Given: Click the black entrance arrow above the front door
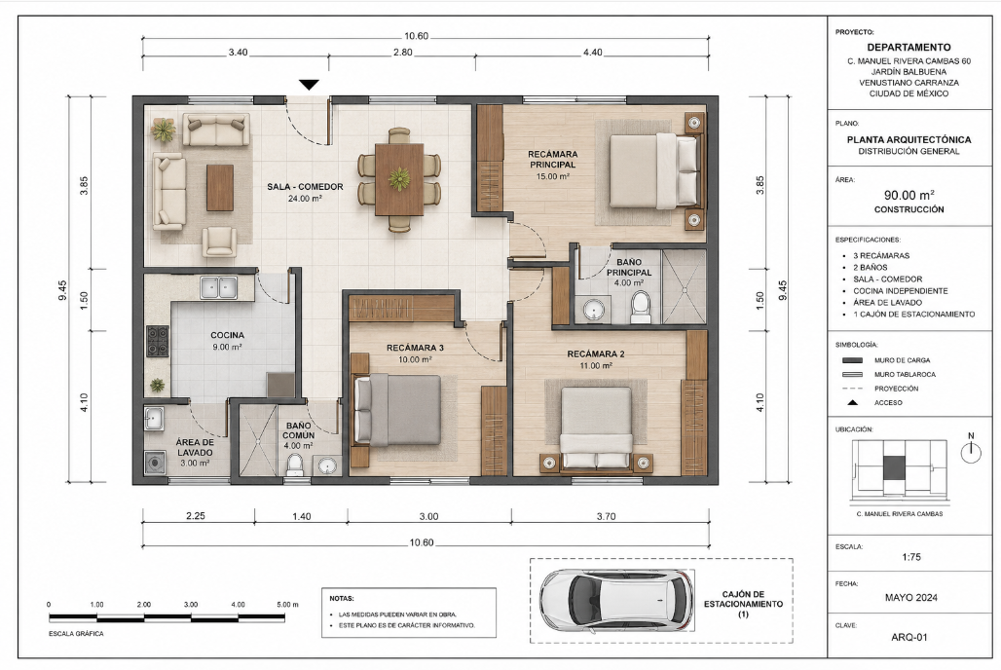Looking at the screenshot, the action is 309,85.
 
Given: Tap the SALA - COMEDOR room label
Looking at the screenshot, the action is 305,187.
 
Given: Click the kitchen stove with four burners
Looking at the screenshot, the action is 158,341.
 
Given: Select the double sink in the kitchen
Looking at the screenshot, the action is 219,287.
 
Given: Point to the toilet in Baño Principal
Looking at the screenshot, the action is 640,307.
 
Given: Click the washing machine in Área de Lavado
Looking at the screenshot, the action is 155,462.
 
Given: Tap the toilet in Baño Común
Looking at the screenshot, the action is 295,465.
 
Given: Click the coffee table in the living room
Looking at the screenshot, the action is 220,188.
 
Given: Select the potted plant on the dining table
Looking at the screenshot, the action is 399,179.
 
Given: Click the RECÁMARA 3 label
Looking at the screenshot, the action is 415,348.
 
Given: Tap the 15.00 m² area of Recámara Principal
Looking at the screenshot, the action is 552,176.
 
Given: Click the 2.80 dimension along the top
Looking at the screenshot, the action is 403,53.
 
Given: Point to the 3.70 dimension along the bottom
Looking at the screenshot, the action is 606,516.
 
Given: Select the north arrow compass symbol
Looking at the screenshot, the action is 971,449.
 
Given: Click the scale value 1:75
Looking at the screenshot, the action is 911,557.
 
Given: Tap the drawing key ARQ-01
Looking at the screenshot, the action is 909,637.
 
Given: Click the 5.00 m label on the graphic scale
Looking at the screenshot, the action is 286,604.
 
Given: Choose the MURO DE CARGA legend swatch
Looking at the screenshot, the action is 852,360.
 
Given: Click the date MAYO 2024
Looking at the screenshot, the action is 911,598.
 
